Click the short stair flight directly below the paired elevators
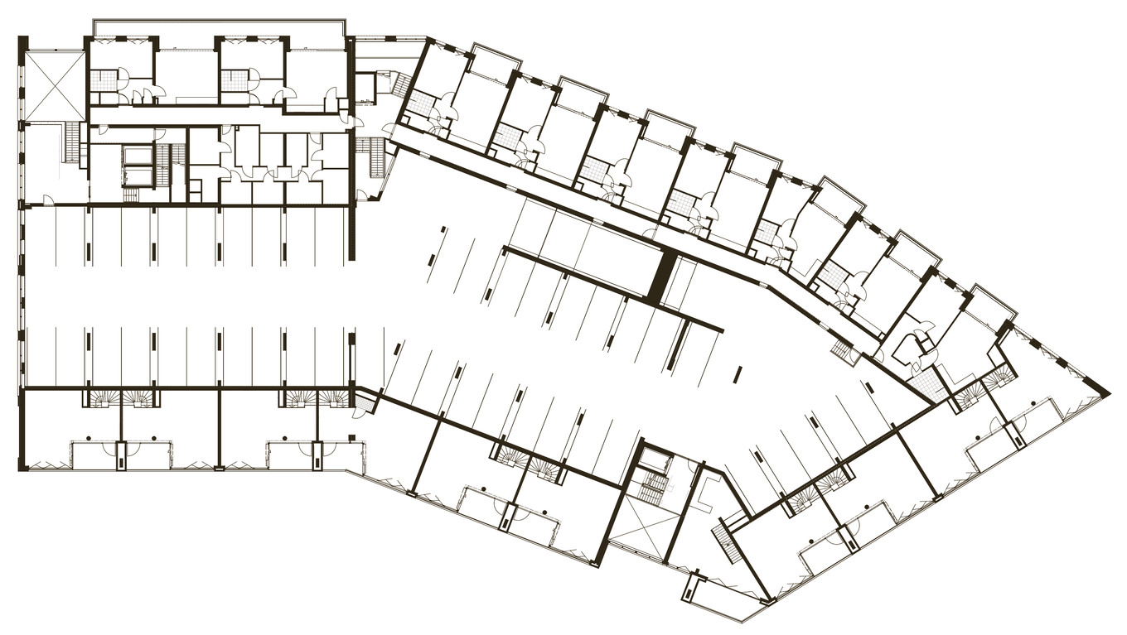(x=132, y=195)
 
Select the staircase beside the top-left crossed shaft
(x=74, y=142)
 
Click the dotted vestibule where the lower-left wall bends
(x=365, y=403)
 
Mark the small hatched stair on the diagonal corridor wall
(x=842, y=352)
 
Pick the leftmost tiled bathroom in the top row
(x=103, y=81)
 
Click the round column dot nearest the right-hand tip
(x=1037, y=406)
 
